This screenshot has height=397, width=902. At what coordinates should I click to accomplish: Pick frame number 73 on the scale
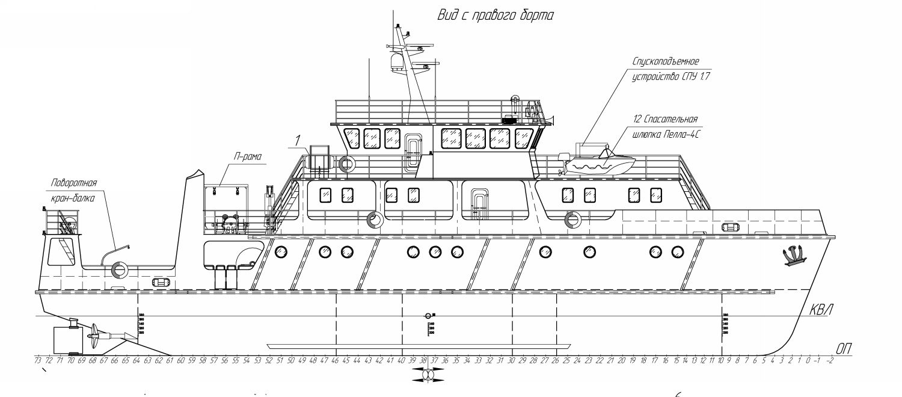(x=38, y=360)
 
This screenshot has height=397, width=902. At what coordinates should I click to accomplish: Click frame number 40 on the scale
(x=401, y=360)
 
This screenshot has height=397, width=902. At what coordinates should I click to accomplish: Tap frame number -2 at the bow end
(x=830, y=360)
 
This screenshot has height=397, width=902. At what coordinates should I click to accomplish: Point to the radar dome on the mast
(x=396, y=62)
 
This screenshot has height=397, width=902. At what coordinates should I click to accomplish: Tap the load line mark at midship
(x=428, y=316)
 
